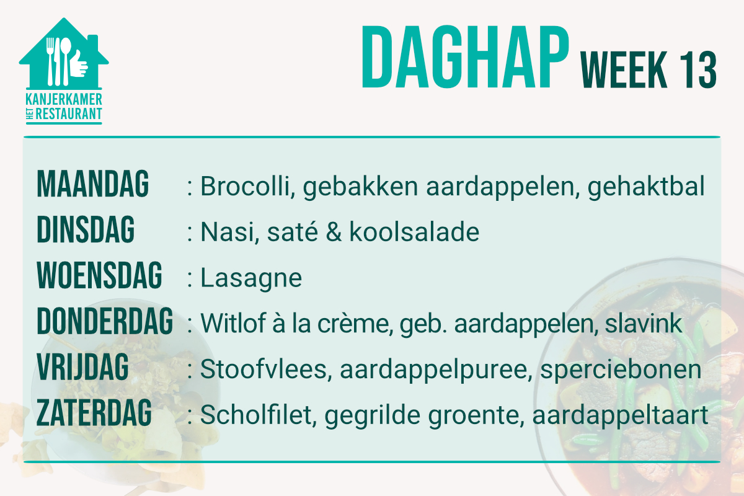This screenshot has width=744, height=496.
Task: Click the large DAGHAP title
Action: click(x=465, y=57)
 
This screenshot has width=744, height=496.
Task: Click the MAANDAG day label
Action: click(x=92, y=184)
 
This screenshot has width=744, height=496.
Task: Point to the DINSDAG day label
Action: click(x=86, y=229)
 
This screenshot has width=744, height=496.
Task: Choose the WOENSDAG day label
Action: click(x=99, y=275)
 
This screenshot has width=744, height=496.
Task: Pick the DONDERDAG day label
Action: click(x=105, y=321)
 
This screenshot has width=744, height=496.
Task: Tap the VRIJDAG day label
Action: click(x=82, y=367)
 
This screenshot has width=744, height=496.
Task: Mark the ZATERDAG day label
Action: click(x=94, y=413)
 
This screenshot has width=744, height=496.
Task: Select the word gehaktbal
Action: click(x=646, y=187)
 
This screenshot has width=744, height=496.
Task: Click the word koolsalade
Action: click(x=414, y=231)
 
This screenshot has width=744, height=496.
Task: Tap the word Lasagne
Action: click(x=251, y=278)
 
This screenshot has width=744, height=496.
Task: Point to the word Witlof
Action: click(x=233, y=323)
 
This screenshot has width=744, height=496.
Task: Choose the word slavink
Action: click(x=644, y=323)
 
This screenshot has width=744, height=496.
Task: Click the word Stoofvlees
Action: click(x=266, y=369)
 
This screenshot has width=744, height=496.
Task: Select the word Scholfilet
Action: click(x=258, y=415)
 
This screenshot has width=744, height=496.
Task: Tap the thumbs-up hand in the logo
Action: click(x=79, y=63)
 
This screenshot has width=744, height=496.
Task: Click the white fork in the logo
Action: click(x=50, y=61)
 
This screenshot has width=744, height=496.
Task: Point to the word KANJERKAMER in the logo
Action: click(x=64, y=99)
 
